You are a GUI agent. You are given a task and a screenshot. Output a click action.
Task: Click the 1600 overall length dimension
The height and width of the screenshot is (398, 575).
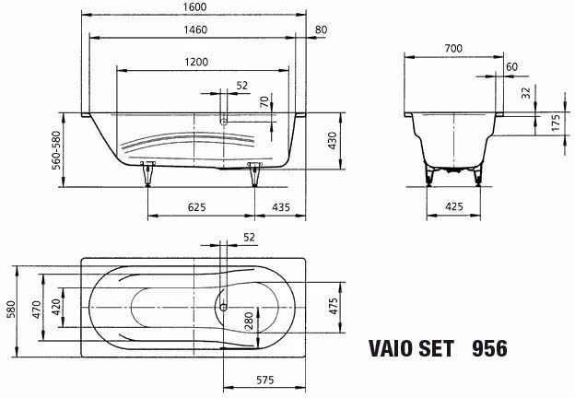pyautogui.click(x=195, y=7)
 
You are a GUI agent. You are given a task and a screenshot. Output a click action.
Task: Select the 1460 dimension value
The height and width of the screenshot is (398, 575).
pyautogui.click(x=195, y=29)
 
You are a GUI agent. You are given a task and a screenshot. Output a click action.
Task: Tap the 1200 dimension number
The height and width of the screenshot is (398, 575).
pyautogui.click(x=196, y=62)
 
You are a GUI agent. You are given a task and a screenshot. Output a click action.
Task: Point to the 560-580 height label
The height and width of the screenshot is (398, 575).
pyautogui.click(x=56, y=150)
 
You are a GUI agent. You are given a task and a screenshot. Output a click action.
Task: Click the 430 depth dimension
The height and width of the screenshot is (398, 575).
pyautogui.click(x=332, y=141)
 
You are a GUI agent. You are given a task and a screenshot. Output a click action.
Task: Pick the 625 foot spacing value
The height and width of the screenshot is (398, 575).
pyautogui.click(x=197, y=207)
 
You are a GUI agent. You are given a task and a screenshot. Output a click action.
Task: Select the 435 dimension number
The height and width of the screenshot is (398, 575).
pyautogui.click(x=281, y=207)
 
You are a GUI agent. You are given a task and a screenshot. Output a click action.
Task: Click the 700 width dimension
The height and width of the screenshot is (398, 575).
pyautogui.click(x=453, y=49)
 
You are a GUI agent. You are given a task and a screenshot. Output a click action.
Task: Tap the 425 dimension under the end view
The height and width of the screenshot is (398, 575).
pyautogui.click(x=454, y=206)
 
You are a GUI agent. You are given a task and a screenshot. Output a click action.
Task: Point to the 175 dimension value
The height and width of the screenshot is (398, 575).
pyautogui.click(x=556, y=123)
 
